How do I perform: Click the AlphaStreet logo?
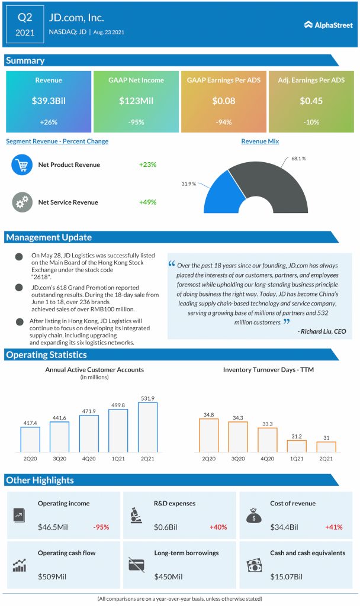(x=329, y=24)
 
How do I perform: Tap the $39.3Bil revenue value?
(x=49, y=101)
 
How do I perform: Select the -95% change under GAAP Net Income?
(x=136, y=123)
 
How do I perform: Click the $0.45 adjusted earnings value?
(x=311, y=101)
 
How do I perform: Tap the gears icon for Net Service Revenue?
(x=22, y=202)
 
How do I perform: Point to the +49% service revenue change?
(x=147, y=202)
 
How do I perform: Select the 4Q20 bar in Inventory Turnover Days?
(x=267, y=440)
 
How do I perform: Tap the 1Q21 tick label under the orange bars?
(x=297, y=459)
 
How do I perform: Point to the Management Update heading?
(x=49, y=237)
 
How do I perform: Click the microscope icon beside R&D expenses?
(x=135, y=515)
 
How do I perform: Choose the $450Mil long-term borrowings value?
(x=168, y=576)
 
